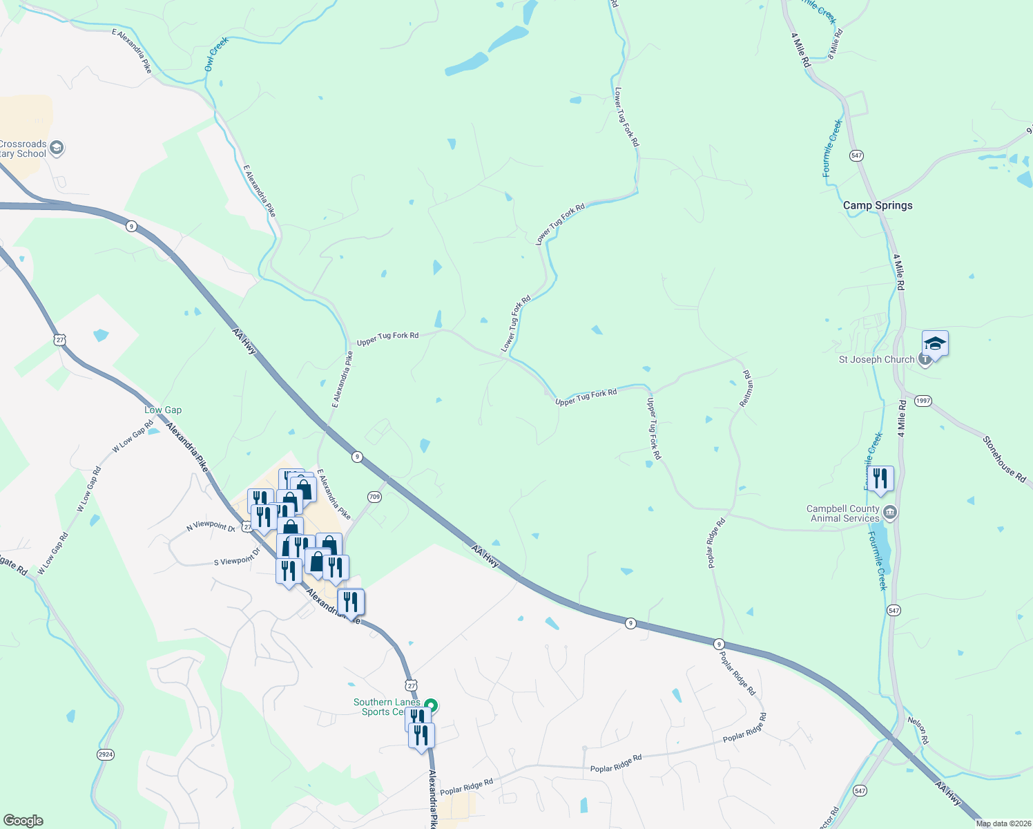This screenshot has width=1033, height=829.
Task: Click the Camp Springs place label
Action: [x=878, y=205]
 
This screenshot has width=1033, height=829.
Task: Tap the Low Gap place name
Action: [x=163, y=410]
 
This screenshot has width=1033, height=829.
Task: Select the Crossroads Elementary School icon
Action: [x=57, y=148]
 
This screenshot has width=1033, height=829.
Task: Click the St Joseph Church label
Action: [x=876, y=359]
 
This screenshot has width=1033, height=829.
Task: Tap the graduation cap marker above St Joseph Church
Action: [x=935, y=343]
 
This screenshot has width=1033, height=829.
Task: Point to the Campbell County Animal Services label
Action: [x=842, y=513]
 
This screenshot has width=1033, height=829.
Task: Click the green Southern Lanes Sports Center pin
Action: [x=432, y=705]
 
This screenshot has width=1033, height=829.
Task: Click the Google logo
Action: [x=23, y=821]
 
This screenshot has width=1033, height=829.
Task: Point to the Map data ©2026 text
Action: [x=1003, y=823]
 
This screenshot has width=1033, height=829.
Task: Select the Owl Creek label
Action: [x=216, y=55]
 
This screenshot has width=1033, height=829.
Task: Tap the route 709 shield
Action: [x=374, y=497]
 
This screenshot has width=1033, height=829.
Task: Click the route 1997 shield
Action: [x=923, y=401]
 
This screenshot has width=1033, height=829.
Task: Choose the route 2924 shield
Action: [x=105, y=754]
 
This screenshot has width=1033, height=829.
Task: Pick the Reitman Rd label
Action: [x=746, y=388]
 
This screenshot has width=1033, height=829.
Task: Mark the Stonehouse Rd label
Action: [x=1005, y=459]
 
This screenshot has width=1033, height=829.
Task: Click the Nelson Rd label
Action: [x=918, y=730]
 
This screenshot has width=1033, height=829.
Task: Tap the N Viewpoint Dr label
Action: [x=211, y=527]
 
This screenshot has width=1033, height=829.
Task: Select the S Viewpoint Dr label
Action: [x=237, y=557]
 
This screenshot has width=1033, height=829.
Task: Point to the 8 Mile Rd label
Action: [x=836, y=43]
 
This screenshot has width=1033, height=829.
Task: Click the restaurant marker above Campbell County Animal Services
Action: [x=880, y=478]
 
